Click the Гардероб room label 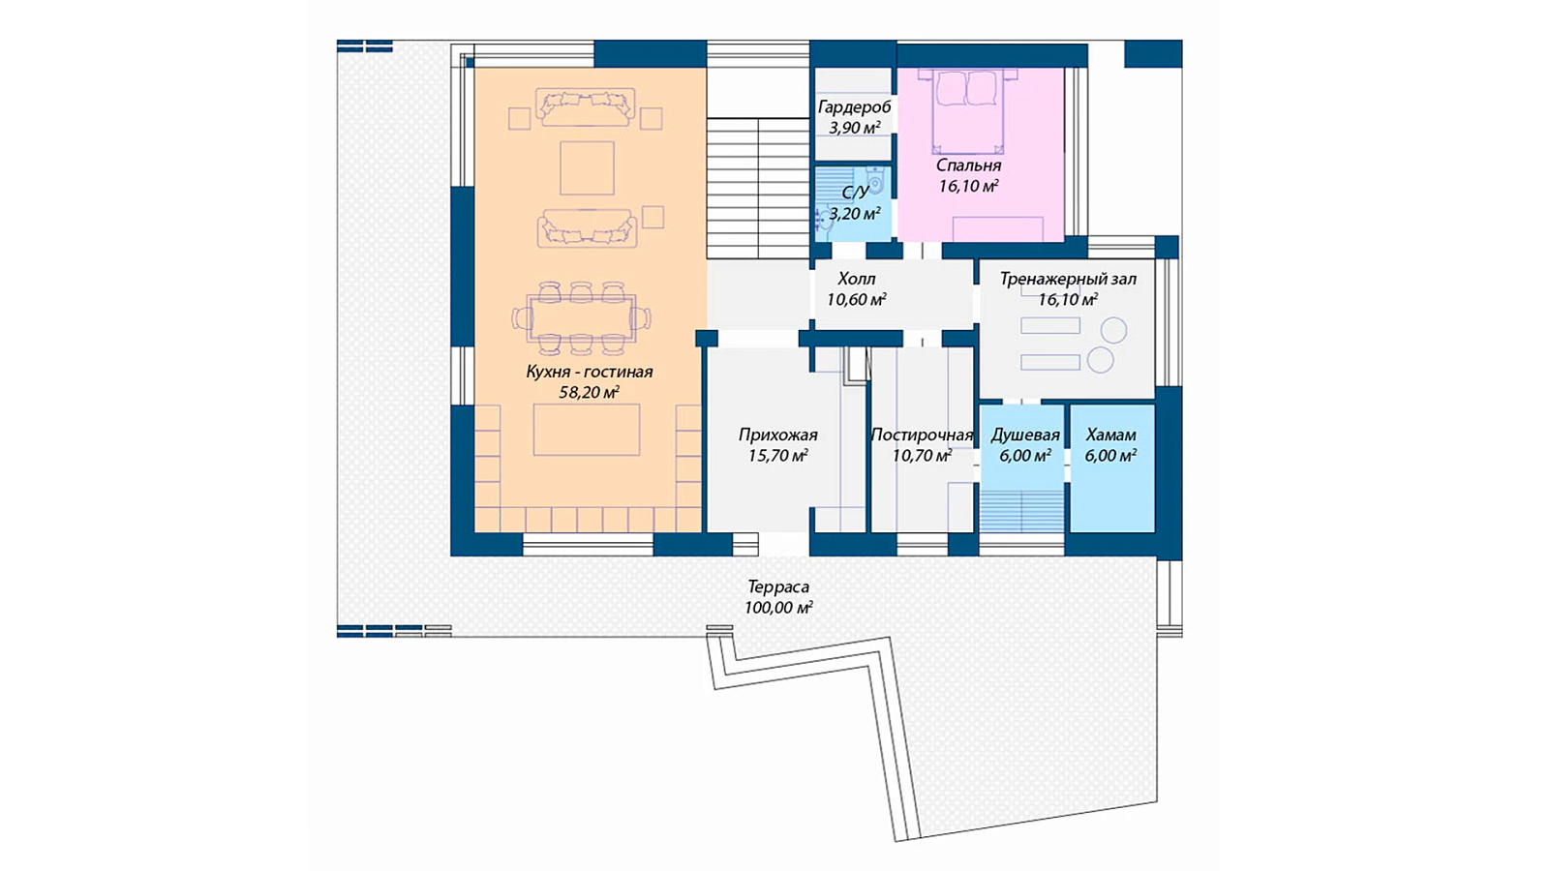(854, 107)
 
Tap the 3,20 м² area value (855, 214)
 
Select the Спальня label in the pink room (969, 165)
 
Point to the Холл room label (857, 279)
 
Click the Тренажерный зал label (1068, 279)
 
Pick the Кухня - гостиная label (590, 372)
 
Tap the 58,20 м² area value (590, 393)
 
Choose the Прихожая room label (778, 435)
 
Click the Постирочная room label (922, 435)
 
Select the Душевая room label (1025, 435)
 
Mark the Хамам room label (1110, 435)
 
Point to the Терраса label (778, 586)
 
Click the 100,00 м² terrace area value (778, 608)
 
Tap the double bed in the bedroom (967, 110)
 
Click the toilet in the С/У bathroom (875, 181)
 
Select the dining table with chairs (582, 318)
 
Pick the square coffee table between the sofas (587, 168)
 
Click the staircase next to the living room (758, 188)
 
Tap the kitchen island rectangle (587, 430)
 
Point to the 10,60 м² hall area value (857, 299)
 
